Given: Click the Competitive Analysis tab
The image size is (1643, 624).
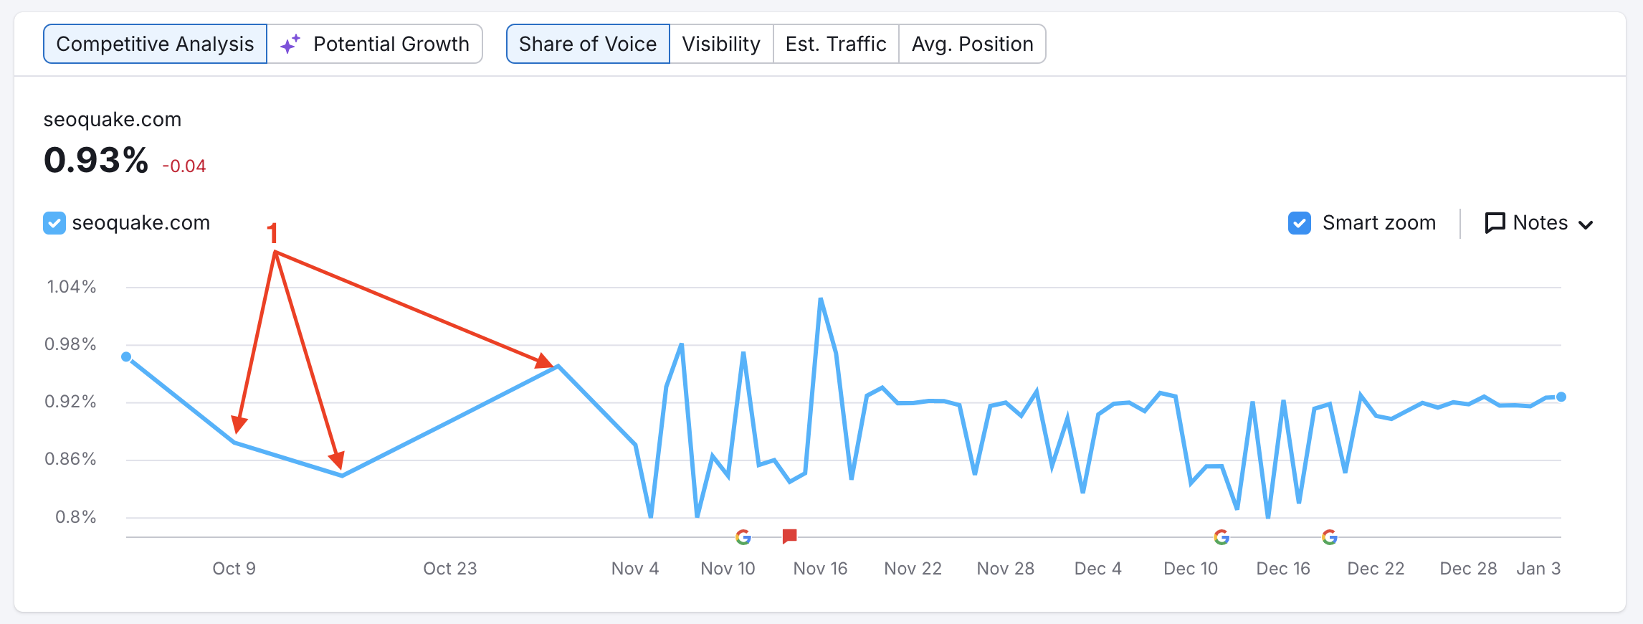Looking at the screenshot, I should (155, 44).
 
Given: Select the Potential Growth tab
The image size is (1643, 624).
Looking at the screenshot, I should (375, 44).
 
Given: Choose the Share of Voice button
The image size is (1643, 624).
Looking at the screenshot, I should (588, 44).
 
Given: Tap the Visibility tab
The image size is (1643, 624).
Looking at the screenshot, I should (721, 44).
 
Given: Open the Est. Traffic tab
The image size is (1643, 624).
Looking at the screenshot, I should (836, 44).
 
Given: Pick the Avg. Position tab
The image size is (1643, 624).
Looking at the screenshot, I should (972, 44).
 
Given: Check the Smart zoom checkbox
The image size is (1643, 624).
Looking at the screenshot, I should (1300, 223).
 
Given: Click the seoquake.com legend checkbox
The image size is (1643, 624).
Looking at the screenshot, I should (54, 223).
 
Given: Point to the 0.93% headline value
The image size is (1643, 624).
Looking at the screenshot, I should (96, 160).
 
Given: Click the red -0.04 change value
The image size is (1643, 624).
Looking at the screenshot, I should (184, 166).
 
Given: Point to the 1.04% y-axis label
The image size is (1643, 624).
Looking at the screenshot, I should (72, 287).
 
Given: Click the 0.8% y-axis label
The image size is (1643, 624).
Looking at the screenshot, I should (76, 517).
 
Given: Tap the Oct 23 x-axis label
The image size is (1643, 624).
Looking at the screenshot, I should (449, 569).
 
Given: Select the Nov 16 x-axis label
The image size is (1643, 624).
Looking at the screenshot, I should (820, 569).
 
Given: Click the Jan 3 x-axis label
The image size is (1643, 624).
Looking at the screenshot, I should (1538, 569).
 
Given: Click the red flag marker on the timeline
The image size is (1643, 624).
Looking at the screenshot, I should (790, 536).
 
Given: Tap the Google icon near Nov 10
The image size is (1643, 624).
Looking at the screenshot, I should (743, 536).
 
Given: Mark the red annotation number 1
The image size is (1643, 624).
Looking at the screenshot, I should (272, 233).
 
